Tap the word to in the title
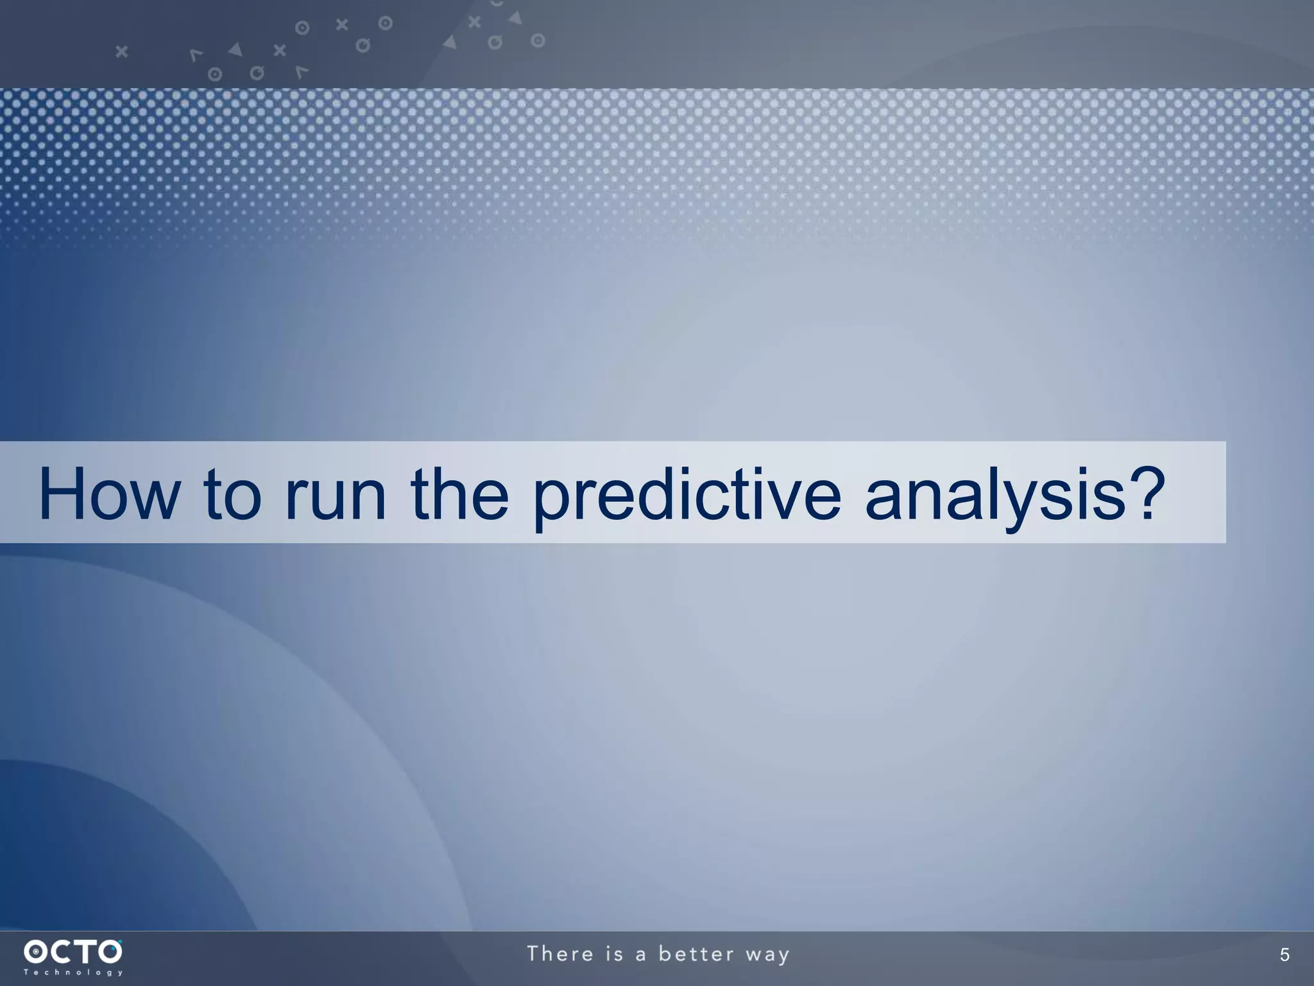232,494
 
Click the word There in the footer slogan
561,954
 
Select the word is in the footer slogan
615,954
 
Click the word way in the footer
767,955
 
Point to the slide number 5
1284,955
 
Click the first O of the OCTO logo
36,951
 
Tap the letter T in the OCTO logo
85,951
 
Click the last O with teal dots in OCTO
109,951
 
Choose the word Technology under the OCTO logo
73,973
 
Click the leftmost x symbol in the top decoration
121,51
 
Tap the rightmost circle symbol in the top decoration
538,41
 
